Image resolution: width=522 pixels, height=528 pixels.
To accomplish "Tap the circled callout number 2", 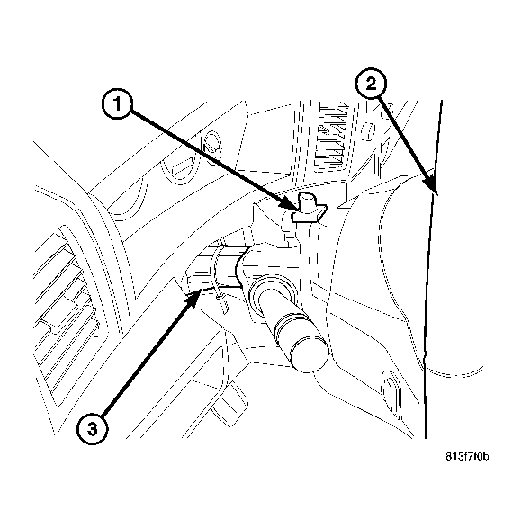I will point(371,85).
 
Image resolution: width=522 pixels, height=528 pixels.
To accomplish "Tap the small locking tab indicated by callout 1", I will point(308,207).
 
